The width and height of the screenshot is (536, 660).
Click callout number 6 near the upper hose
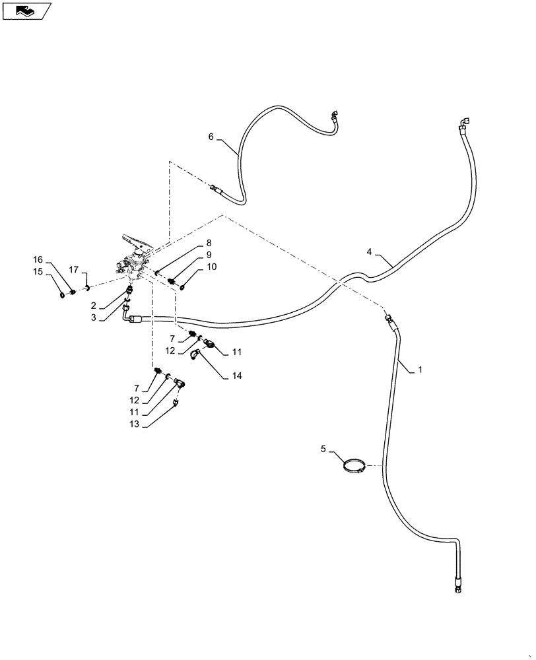211,137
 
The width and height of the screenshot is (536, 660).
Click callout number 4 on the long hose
370,251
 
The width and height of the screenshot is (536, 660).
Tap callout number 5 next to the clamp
323,449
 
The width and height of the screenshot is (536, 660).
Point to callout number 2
94,306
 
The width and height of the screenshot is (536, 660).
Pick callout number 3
94,317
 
